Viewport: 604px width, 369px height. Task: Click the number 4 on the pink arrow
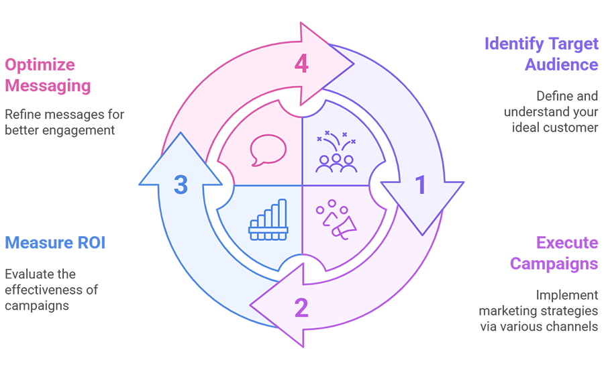click(301, 64)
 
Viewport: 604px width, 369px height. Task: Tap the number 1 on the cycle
click(421, 184)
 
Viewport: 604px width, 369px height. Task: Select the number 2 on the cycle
click(301, 307)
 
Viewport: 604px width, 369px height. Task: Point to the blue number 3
click(180, 184)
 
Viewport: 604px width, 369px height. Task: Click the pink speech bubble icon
click(267, 150)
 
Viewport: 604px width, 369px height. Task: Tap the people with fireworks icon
click(336, 152)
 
